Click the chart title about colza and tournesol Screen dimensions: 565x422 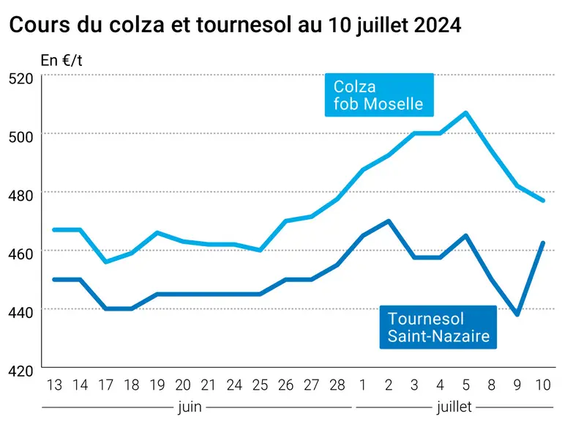point(235,25)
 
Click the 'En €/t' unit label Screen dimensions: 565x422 point(61,60)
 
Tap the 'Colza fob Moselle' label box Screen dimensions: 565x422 point(379,95)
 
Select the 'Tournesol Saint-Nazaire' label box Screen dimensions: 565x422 point(438,327)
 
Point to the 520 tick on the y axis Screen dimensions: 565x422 point(21,78)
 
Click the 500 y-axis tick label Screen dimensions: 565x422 point(21,137)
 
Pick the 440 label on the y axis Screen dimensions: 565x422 point(21,312)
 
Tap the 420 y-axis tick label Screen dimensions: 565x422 point(21,371)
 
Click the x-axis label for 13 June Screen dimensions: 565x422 point(54,385)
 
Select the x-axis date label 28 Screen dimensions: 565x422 point(337,385)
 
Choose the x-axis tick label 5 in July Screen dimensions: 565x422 point(466,385)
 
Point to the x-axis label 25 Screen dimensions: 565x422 point(260,385)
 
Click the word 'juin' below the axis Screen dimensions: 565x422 point(190,407)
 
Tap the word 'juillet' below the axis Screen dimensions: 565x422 point(454,407)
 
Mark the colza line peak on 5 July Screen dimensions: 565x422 point(466,113)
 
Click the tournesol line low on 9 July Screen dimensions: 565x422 point(517,314)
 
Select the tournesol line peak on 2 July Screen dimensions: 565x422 point(389,221)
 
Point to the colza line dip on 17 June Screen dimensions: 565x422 point(106,262)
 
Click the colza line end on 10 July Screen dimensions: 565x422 point(543,201)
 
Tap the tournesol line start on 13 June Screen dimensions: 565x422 point(54,280)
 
